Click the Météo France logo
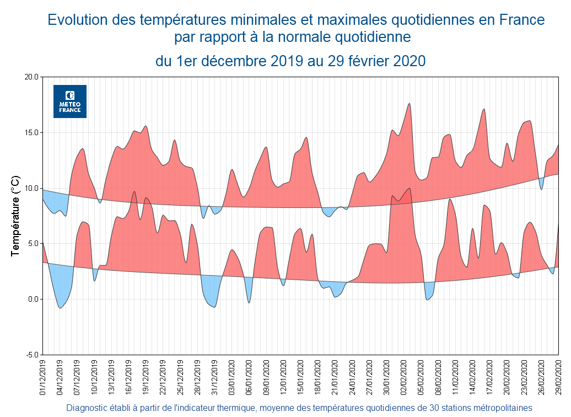70,101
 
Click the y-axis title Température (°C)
15,216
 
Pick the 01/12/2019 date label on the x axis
43,376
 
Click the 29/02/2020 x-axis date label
559,376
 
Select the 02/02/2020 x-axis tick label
404,376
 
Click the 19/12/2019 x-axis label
146,376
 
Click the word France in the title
521,20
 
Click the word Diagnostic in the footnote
89,408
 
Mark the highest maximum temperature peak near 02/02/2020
410,104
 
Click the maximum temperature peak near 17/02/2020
484,109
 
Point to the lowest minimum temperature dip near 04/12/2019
60,307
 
